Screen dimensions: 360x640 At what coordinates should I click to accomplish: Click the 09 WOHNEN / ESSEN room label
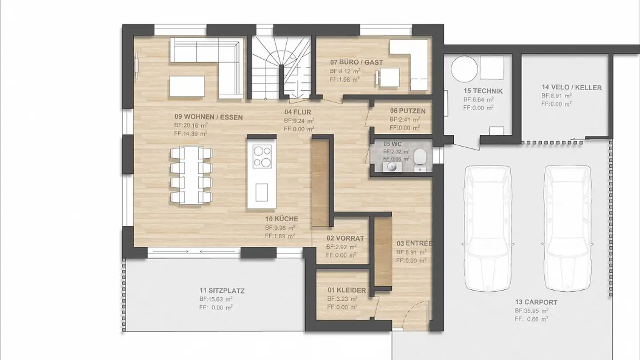pyautogui.click(x=208, y=117)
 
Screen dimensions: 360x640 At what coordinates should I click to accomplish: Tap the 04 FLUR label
pyautogui.click(x=297, y=112)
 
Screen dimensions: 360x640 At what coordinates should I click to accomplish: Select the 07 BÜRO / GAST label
pyautogui.click(x=356, y=63)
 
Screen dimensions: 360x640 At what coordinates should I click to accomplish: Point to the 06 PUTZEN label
pyautogui.click(x=408, y=111)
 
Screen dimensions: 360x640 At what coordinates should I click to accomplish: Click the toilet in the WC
pyautogui.click(x=419, y=159)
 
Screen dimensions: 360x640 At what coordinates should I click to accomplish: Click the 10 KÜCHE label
pyautogui.click(x=281, y=219)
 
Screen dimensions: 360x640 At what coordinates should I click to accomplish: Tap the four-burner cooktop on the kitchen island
pyautogui.click(x=262, y=156)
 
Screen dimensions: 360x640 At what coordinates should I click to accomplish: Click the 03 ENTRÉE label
pyautogui.click(x=414, y=244)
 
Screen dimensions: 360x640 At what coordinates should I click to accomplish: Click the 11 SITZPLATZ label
pyautogui.click(x=222, y=291)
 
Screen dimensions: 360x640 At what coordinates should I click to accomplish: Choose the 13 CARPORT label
pyautogui.click(x=536, y=302)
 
